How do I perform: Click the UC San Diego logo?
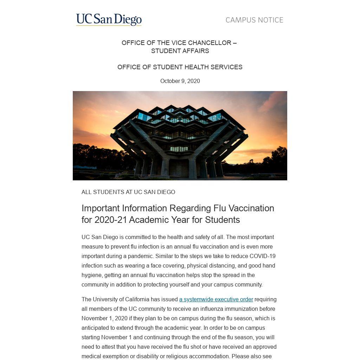coord(109,20)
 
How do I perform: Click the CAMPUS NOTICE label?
coord(254,20)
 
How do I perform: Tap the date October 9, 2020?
coord(180,81)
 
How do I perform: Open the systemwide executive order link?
coord(216,299)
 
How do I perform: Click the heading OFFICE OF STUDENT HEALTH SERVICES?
coord(180,67)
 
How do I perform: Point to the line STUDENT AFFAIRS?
coord(180,51)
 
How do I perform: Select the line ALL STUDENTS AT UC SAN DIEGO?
coord(128,192)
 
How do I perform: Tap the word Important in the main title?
coord(101,208)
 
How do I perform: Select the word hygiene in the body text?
coord(92,275)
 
